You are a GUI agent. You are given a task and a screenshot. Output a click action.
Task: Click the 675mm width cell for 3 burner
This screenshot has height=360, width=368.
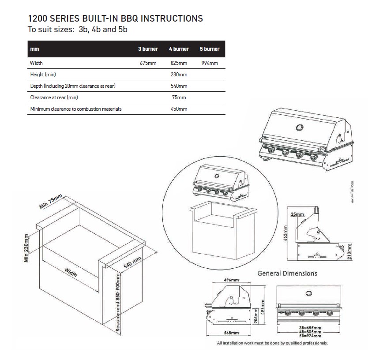148,63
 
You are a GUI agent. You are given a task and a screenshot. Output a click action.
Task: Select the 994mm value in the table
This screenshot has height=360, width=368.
210,63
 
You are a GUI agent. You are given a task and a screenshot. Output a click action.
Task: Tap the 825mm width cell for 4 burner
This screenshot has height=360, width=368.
179,63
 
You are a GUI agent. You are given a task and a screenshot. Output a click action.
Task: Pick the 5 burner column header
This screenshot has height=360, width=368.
210,49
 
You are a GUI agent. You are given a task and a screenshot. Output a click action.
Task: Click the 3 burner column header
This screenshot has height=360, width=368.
148,49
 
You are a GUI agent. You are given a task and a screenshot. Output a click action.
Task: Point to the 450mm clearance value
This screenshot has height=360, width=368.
179,109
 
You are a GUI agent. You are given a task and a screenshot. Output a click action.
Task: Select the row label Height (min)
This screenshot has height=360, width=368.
43,75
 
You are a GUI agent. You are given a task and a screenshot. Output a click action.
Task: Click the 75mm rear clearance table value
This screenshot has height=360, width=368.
179,97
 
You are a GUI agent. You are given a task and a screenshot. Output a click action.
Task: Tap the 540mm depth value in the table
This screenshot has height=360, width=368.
179,86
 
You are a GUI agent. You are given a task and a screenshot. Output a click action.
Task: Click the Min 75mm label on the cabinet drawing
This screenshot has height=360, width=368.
51,202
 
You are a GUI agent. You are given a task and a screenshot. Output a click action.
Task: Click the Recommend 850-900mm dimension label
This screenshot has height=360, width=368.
118,302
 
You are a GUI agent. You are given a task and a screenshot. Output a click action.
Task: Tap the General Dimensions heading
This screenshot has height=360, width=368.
287,274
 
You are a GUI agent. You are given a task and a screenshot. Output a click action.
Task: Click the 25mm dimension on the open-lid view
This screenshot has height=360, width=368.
298,214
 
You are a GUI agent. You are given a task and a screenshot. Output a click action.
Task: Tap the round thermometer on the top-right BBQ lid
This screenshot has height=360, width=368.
300,128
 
